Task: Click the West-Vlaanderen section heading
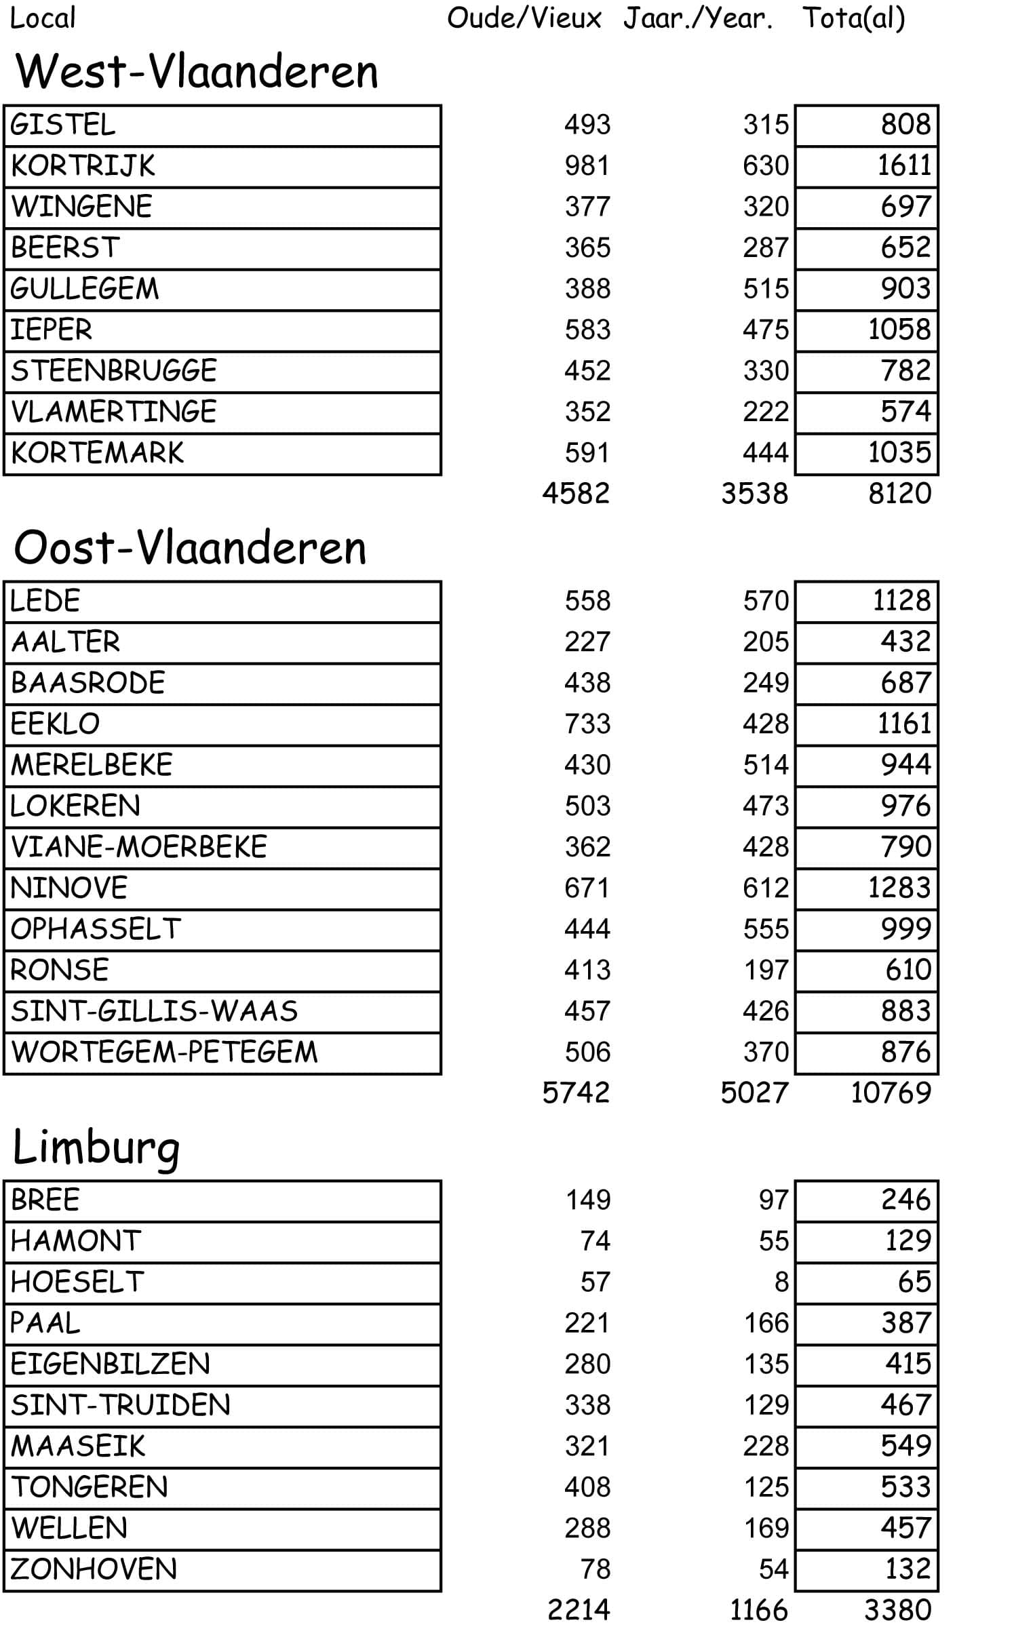click(x=197, y=72)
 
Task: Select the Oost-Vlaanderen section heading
click(x=190, y=548)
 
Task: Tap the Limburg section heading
click(x=96, y=1147)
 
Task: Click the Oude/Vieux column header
click(x=524, y=18)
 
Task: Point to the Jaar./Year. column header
click(x=698, y=18)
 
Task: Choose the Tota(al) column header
click(x=853, y=18)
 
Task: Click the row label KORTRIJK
click(x=83, y=166)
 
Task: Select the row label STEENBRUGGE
click(x=114, y=371)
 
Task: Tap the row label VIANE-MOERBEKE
click(x=139, y=847)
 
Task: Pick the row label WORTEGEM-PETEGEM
click(x=164, y=1052)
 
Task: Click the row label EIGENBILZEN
click(x=111, y=1364)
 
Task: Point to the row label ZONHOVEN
click(x=94, y=1569)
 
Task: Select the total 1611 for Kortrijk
click(x=904, y=166)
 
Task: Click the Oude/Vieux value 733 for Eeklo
click(x=587, y=724)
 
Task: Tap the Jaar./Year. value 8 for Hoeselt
click(x=781, y=1282)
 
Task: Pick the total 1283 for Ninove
click(x=899, y=888)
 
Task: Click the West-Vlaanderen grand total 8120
click(x=899, y=494)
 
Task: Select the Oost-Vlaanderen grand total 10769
click(x=891, y=1093)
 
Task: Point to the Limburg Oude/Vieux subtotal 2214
click(x=579, y=1610)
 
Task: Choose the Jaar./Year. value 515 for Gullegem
click(x=766, y=289)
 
